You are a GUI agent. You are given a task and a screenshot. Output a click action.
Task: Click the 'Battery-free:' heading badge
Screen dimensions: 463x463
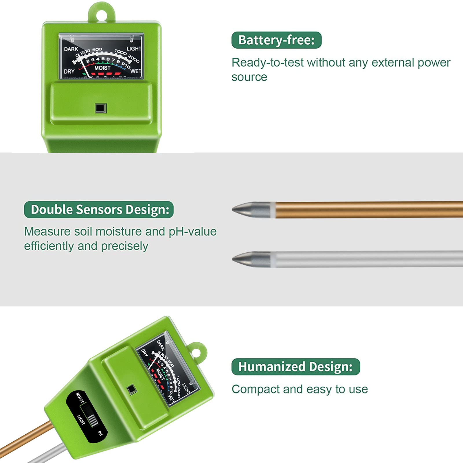[276, 40]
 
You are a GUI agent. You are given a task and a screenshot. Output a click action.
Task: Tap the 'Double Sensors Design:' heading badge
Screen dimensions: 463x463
[99, 210]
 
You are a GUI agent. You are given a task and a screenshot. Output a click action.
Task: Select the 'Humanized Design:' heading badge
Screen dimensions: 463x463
[295, 367]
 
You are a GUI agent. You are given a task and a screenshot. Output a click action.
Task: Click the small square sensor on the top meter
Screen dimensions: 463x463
[101, 108]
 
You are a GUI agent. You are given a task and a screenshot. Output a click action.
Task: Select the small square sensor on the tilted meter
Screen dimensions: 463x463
[131, 389]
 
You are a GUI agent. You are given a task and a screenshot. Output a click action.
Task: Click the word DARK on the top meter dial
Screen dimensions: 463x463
[71, 49]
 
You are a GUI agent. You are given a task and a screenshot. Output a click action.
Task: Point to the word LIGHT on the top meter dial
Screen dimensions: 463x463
[134, 49]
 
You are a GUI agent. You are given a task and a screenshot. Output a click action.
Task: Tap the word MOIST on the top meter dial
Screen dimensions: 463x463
[102, 68]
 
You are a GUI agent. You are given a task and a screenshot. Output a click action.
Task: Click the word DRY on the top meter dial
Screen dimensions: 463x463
[69, 71]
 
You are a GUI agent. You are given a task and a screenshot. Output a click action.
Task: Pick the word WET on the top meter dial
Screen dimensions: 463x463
[135, 71]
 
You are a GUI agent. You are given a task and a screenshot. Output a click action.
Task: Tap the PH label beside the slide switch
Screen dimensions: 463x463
[100, 433]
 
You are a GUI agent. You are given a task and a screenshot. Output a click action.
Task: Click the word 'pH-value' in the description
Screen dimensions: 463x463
[193, 232]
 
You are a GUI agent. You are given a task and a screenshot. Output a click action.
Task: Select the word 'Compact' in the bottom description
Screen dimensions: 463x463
[256, 389]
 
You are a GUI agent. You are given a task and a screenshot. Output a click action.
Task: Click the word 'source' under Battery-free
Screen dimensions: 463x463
[249, 77]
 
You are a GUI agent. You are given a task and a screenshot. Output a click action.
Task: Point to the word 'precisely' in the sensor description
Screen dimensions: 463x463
[124, 247]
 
